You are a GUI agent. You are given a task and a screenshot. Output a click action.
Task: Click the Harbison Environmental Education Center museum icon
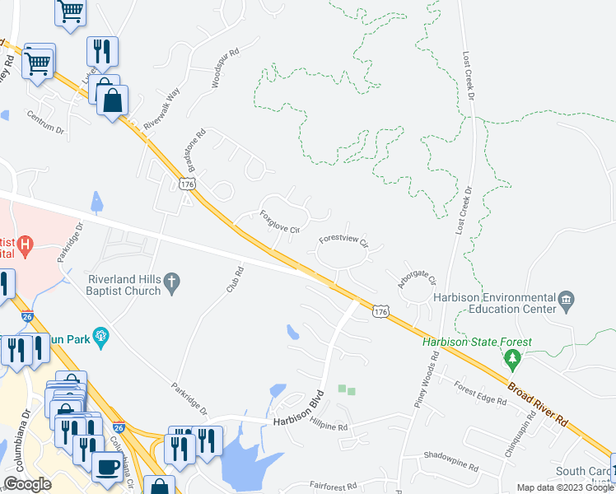(567, 302)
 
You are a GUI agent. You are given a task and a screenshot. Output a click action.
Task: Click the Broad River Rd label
(538, 403)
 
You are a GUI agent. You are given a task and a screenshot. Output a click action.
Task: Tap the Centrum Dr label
(45, 123)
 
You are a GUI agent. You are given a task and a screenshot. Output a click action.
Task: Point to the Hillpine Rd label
(329, 427)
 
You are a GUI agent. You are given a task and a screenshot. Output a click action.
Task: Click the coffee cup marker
(107, 466)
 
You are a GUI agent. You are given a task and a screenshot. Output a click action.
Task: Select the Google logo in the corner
(27, 484)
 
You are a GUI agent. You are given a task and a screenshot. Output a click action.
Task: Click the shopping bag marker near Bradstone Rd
(112, 101)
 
